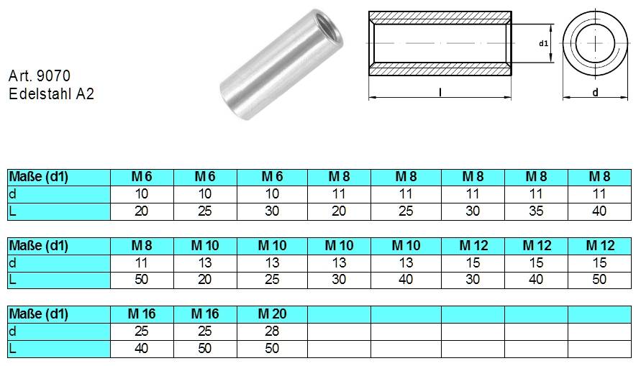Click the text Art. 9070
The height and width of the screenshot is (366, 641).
point(40,76)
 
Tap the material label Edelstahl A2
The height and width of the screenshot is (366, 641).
point(51,93)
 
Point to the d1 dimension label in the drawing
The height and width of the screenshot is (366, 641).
point(544,43)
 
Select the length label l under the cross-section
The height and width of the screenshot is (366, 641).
point(440,92)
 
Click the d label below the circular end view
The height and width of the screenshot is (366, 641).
point(595,92)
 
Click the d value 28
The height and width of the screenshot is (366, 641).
point(272,331)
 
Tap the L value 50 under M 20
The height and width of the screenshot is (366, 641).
point(272,349)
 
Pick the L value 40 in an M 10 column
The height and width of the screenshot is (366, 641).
point(406,280)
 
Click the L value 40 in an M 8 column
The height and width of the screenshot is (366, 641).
point(599,211)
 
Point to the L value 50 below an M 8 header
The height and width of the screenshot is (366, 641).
point(142,280)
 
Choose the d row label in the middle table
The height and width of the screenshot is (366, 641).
point(12,262)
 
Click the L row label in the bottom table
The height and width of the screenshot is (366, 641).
point(12,349)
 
